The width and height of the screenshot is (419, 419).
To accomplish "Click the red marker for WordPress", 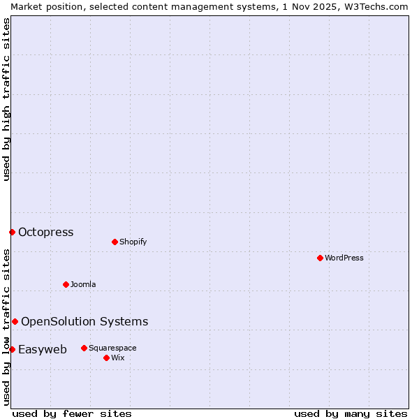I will coord(320,258).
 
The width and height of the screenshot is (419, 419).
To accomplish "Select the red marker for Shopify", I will coord(115,242).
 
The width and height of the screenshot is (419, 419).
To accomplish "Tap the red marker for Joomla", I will coord(66,284).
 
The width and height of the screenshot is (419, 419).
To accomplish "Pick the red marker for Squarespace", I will coord(84,348).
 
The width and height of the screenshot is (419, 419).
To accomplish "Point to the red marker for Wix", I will coord(106,358).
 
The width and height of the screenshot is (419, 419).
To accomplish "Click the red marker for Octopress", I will coord(12,232).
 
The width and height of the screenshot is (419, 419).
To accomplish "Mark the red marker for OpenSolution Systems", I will coord(15,321).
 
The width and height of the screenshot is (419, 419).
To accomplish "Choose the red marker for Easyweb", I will coord(12,349).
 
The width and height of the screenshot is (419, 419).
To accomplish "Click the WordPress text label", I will coord(344,258).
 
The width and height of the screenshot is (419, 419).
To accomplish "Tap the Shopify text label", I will coord(133,242).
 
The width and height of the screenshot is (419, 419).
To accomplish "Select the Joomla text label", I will coord(83,284).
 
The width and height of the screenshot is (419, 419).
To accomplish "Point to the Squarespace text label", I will coord(112,348).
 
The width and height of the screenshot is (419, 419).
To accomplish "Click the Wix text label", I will coord(117,358).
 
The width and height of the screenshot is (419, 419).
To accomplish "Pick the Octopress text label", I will coord(45,232).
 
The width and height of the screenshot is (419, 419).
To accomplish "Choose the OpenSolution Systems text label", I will coord(84,321).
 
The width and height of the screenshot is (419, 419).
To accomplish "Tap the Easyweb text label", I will coord(43,349).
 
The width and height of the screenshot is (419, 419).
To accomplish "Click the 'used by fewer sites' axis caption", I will coord(71,413).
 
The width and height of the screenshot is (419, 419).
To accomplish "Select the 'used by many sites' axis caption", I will coord(351,413).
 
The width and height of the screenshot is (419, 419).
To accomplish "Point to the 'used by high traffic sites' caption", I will coord(6,99).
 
